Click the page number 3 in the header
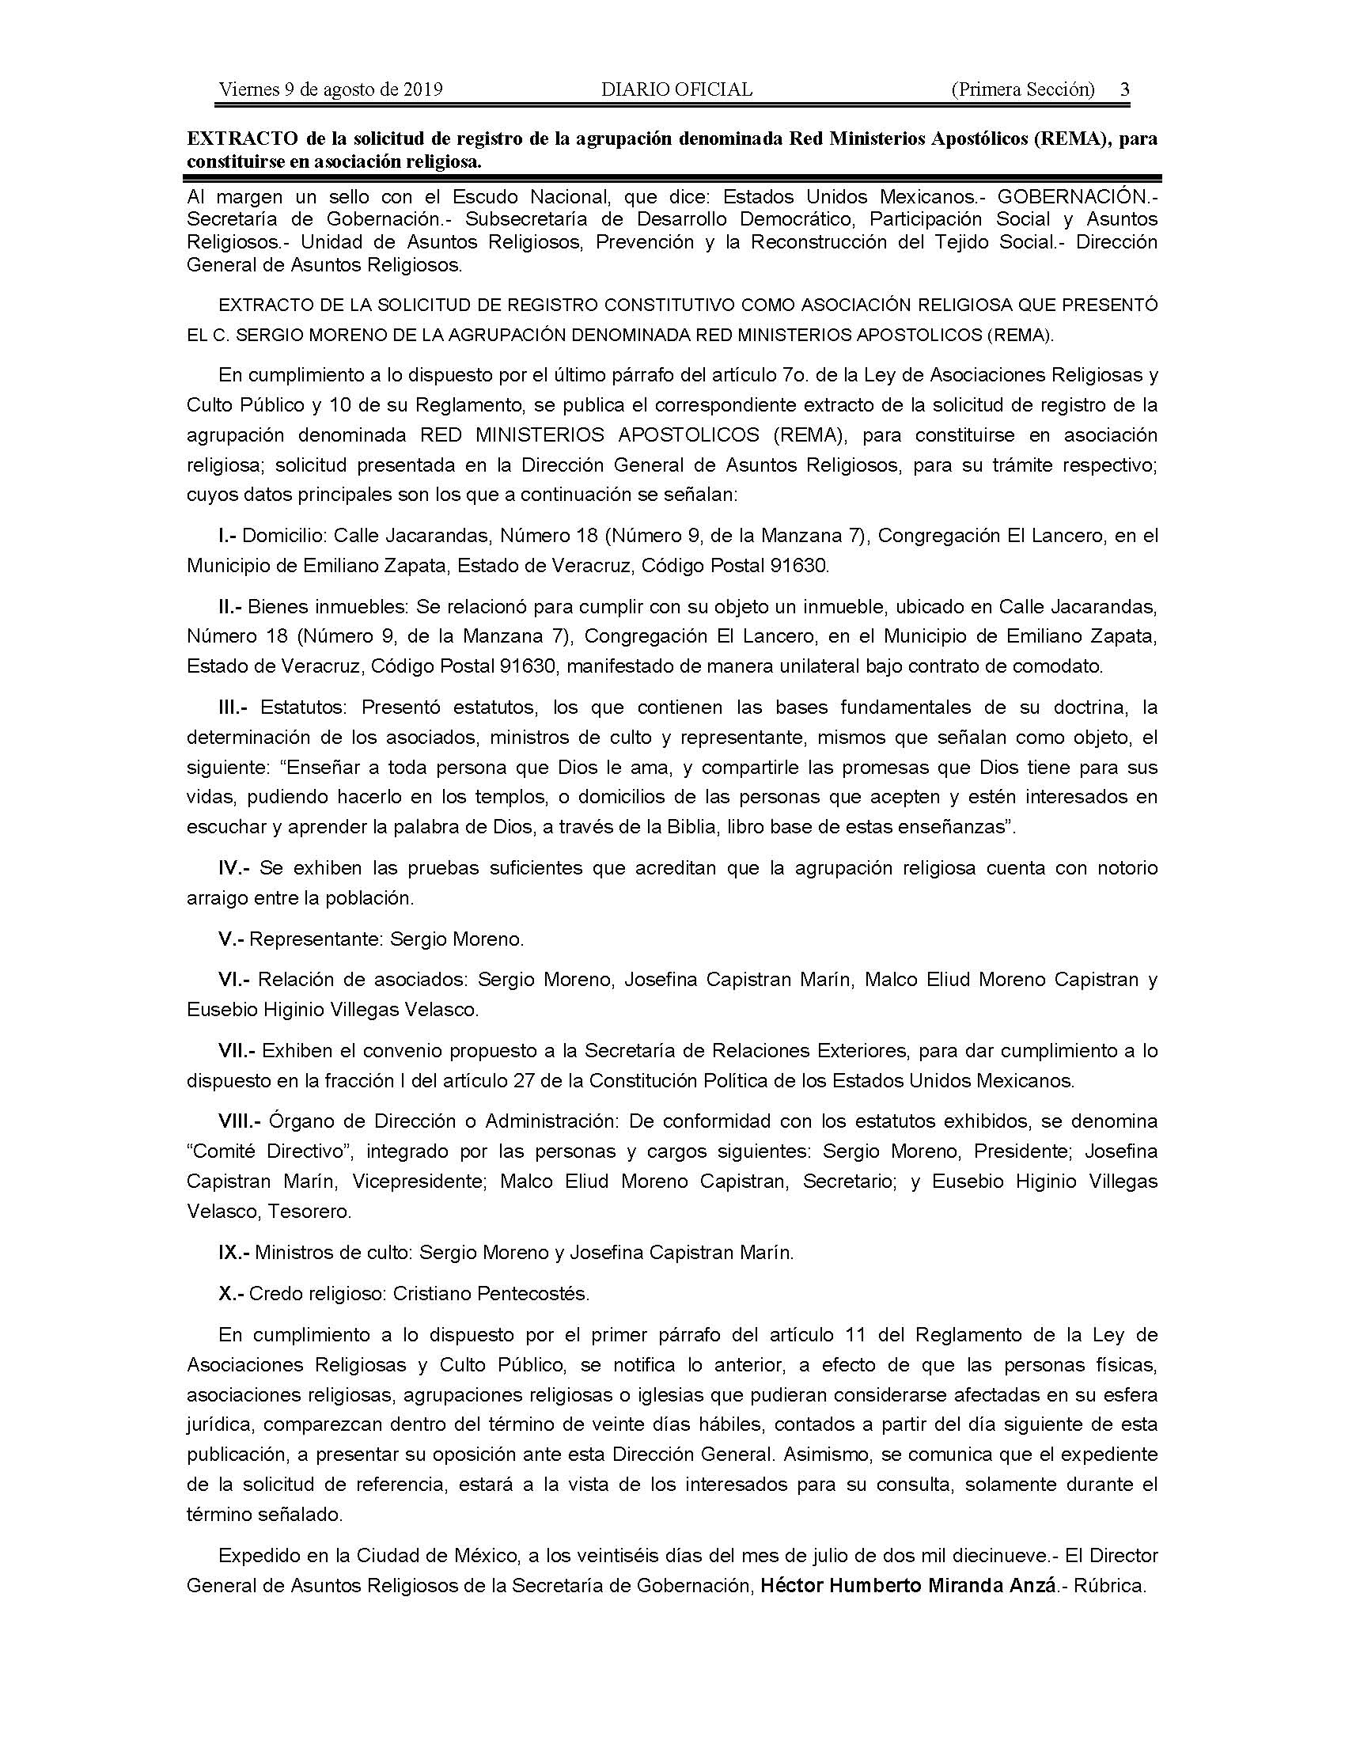coord(1124,89)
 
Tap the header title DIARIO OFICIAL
coord(676,89)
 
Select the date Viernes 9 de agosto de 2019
coord(331,89)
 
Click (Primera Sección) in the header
coord(1023,89)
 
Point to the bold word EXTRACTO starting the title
coord(241,138)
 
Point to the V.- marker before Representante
coord(230,939)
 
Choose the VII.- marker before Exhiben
coord(237,1051)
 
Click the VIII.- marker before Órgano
coord(240,1121)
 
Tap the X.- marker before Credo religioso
coord(230,1293)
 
